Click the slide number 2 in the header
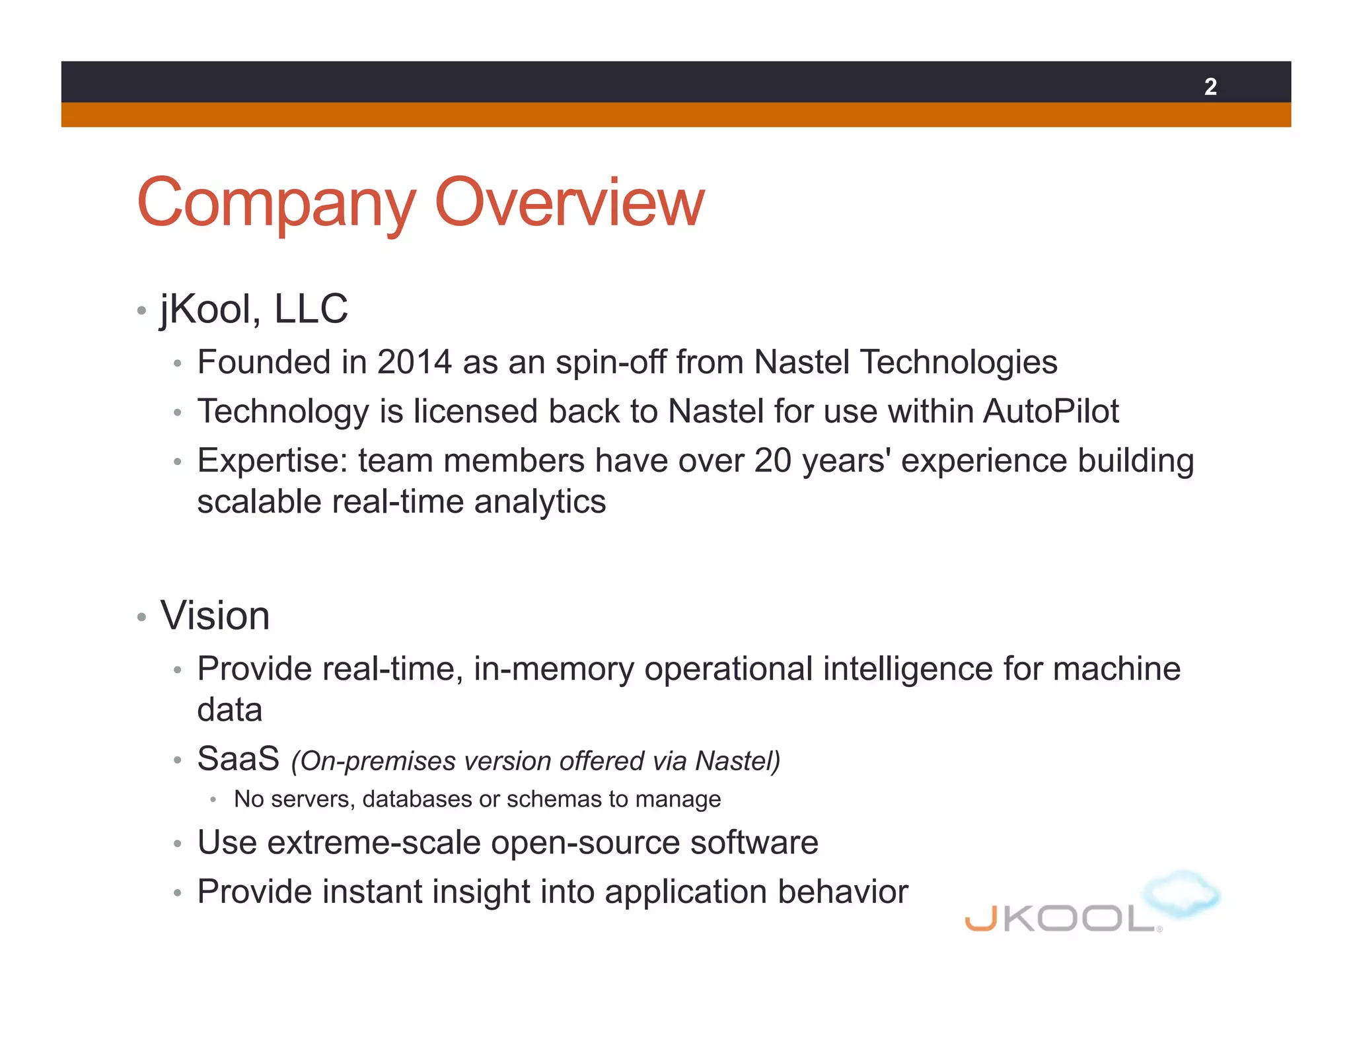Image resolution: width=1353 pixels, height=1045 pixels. tap(1210, 87)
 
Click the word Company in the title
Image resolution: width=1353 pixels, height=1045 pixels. tap(276, 203)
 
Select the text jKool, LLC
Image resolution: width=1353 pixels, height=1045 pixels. tap(254, 309)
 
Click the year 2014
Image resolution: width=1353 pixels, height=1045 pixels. tap(414, 362)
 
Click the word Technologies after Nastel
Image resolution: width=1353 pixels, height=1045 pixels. tap(959, 362)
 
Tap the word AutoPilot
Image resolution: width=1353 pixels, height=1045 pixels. tap(1051, 412)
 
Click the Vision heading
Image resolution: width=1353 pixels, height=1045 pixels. tap(215, 616)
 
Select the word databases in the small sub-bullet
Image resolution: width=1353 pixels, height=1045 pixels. tap(417, 799)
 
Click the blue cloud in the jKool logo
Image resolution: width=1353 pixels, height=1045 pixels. tap(1181, 893)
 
